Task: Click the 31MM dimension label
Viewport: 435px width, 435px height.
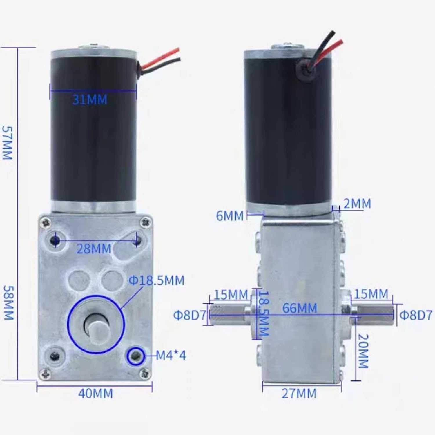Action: click(90, 99)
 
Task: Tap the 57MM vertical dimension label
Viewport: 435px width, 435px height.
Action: click(7, 143)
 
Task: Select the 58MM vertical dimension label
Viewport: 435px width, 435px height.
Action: click(8, 302)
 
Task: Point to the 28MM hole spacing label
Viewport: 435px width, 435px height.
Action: click(94, 249)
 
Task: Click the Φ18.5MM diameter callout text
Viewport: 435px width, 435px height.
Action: click(156, 280)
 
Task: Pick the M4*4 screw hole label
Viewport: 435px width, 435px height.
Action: click(171, 355)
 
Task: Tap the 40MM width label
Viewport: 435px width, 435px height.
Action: click(96, 394)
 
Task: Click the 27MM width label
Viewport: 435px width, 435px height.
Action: click(299, 394)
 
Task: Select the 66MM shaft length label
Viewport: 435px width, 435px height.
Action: click(300, 308)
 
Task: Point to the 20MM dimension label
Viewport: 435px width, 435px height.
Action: click(363, 351)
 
